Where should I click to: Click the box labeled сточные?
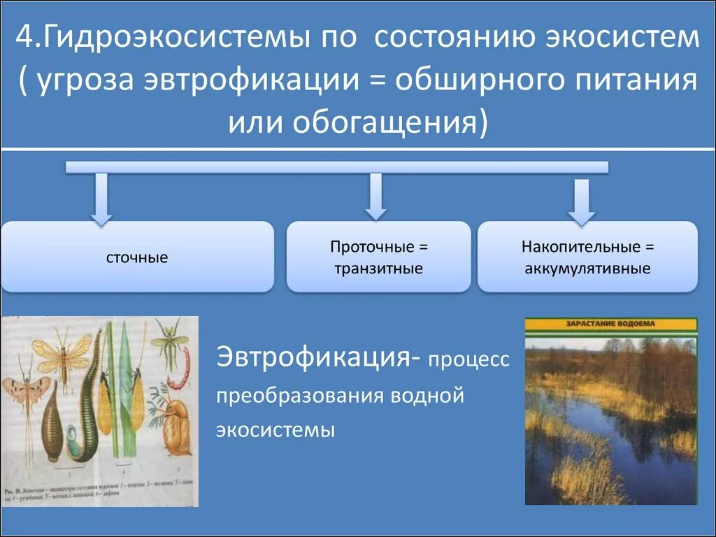(x=137, y=257)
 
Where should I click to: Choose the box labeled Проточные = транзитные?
(x=378, y=257)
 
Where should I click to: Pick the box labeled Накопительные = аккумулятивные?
(x=587, y=257)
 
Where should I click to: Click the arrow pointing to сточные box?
(x=101, y=199)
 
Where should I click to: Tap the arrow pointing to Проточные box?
(x=375, y=196)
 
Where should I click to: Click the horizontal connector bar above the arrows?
(x=336, y=167)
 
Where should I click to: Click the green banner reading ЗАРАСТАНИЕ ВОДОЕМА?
(x=610, y=324)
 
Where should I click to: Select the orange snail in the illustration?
(x=176, y=427)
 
